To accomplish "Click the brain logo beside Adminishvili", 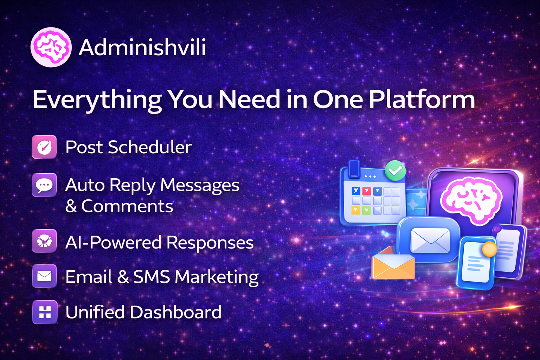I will click(x=51, y=47).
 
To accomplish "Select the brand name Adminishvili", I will click(x=142, y=47).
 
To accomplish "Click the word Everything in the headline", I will click(x=97, y=100).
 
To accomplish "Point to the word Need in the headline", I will click(x=249, y=100).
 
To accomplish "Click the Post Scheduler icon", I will click(x=44, y=147).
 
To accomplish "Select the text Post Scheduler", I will click(x=128, y=147).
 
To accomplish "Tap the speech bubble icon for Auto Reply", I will click(x=44, y=185).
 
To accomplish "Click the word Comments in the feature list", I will click(x=127, y=206).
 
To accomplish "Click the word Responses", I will click(x=210, y=243).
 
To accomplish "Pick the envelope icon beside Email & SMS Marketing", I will click(x=44, y=276).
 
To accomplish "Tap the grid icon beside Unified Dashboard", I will click(x=45, y=312).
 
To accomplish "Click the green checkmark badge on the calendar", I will click(x=395, y=171).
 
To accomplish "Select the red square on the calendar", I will click(x=366, y=191).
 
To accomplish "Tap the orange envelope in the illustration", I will click(x=393, y=266).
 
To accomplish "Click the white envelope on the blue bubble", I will click(x=430, y=240).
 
